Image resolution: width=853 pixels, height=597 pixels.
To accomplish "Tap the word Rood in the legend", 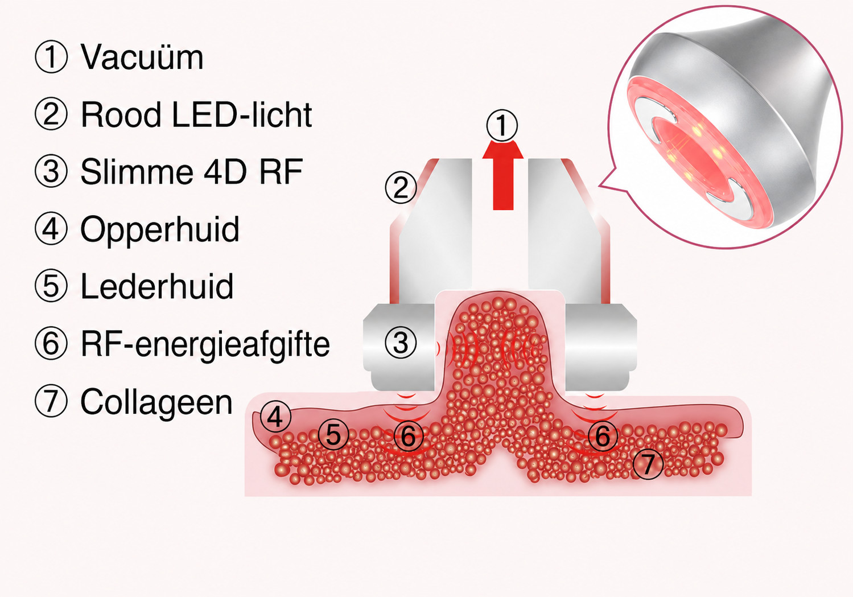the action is [x=121, y=114].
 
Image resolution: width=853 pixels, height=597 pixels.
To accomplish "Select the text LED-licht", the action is [x=242, y=114].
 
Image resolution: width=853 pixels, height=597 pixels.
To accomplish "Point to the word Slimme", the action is [x=137, y=171].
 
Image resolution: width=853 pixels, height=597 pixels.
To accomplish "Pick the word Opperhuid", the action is [x=160, y=229].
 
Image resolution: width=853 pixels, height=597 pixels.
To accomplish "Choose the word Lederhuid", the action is [x=157, y=286].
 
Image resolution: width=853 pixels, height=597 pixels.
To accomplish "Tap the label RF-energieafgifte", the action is [x=205, y=345].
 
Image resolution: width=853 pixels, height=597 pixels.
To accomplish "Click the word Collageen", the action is [x=156, y=402].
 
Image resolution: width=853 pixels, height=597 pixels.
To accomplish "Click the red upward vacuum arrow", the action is [x=503, y=175].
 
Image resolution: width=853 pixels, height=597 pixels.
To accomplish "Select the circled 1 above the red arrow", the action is [x=502, y=126].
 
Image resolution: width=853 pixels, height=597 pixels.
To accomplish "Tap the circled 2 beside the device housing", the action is [x=401, y=188].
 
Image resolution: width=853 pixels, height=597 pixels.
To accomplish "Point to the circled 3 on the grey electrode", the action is [x=401, y=343].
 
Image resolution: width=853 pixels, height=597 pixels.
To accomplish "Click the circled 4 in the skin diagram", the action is [x=275, y=417].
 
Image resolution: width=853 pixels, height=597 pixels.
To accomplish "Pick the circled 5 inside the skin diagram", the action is [x=333, y=435].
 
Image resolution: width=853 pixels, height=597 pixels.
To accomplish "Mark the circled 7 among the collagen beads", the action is [x=648, y=464].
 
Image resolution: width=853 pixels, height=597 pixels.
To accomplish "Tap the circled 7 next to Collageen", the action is [x=51, y=401].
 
